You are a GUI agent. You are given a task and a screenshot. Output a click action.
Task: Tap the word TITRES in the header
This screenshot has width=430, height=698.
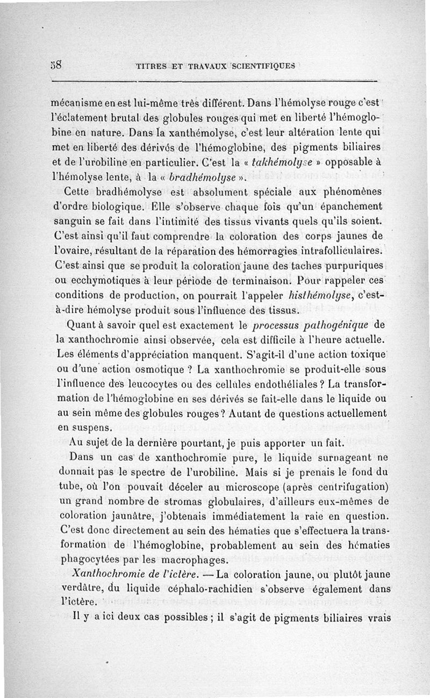(150, 67)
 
